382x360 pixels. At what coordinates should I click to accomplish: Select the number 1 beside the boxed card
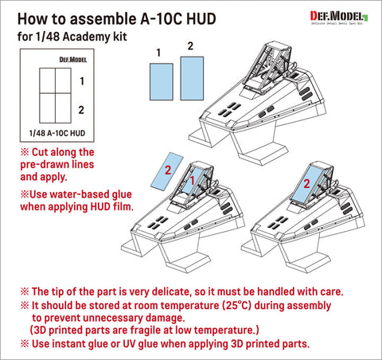(x=84, y=80)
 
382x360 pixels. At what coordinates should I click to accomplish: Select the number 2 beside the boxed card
(x=84, y=109)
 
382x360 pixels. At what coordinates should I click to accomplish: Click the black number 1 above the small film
(x=158, y=53)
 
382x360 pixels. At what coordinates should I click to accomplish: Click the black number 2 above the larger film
(x=191, y=46)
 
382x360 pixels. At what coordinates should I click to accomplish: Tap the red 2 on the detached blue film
(x=168, y=170)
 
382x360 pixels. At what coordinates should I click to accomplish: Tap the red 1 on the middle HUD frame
(x=193, y=183)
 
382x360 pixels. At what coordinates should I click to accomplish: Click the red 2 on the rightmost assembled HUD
(x=305, y=184)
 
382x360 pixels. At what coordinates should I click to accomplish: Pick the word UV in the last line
(x=132, y=343)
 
